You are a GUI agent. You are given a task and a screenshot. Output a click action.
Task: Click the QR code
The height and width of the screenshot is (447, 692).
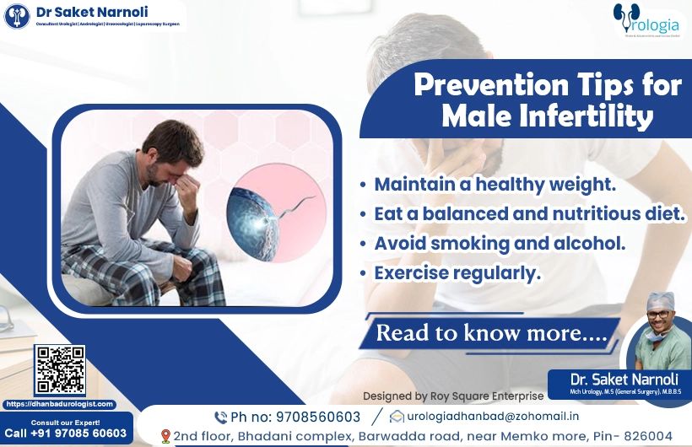point(59,370)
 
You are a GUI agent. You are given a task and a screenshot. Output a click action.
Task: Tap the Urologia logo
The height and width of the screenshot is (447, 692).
point(646,20)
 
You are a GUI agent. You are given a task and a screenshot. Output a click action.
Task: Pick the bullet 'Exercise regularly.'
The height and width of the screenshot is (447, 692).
point(457,273)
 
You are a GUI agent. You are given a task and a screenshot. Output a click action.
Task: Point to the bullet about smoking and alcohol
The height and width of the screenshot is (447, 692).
point(499,243)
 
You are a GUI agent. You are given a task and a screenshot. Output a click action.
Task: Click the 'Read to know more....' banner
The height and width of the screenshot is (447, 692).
point(491,332)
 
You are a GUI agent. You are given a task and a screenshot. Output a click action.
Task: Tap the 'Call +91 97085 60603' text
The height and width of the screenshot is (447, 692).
point(66,434)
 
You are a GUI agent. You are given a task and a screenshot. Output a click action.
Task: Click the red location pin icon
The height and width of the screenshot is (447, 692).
point(165,436)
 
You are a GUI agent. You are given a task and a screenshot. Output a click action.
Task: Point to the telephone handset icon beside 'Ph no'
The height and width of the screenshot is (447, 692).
point(220,417)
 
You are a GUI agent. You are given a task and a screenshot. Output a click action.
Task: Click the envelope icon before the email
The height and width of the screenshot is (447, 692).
point(396,417)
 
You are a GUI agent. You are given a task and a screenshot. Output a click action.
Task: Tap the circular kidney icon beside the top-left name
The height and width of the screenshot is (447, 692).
point(17,16)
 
